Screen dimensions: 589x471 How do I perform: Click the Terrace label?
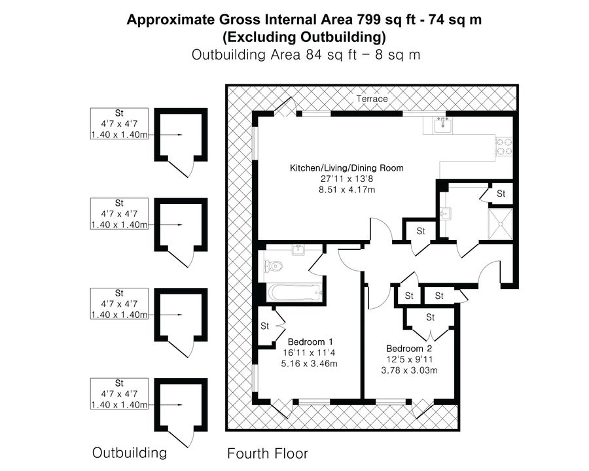[372, 99]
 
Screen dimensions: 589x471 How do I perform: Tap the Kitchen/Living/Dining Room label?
[347, 168]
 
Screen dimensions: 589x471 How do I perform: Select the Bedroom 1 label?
[310, 342]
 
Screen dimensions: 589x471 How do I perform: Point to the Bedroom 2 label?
[408, 349]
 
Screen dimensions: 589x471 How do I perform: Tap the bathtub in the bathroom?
[294, 292]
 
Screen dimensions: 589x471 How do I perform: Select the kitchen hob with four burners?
[504, 147]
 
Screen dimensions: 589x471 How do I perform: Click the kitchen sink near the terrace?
[443, 125]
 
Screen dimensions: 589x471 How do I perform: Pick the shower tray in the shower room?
[500, 224]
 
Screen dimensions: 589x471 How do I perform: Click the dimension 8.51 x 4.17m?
[347, 190]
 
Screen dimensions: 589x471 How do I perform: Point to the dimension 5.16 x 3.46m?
[309, 364]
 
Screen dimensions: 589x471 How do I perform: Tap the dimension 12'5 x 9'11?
[410, 359]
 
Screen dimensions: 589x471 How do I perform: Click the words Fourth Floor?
[268, 454]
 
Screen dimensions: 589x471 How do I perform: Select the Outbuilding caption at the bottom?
[130, 453]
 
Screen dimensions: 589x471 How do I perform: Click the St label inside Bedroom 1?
[265, 326]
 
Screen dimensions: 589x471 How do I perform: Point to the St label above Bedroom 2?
[431, 317]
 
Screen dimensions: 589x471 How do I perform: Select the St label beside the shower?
[501, 194]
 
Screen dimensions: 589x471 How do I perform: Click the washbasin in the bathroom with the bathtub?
[299, 250]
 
